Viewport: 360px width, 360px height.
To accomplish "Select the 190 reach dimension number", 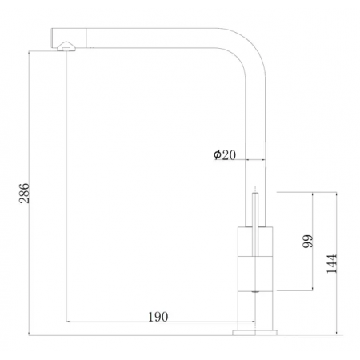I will coord(158,317).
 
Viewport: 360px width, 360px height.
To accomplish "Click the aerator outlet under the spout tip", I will coord(64,49).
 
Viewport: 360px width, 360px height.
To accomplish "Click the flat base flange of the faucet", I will coord(254,330).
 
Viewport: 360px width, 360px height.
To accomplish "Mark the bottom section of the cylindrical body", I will coord(254,308).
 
